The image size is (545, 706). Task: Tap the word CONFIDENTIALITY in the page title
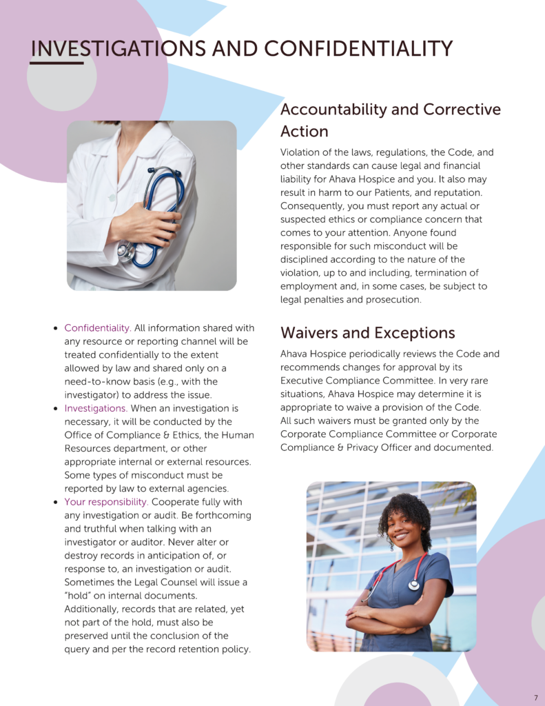[x=358, y=49]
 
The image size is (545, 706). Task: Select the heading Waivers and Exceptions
[x=367, y=333]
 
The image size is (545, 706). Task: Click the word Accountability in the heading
[x=333, y=110]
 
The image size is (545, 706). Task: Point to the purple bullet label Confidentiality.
[x=97, y=328]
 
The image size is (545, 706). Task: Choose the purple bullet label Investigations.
[x=95, y=409]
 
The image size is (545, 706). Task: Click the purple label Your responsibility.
[x=106, y=502]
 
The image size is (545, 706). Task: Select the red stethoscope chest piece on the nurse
[x=413, y=585]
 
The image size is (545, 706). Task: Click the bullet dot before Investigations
[x=55, y=409]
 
